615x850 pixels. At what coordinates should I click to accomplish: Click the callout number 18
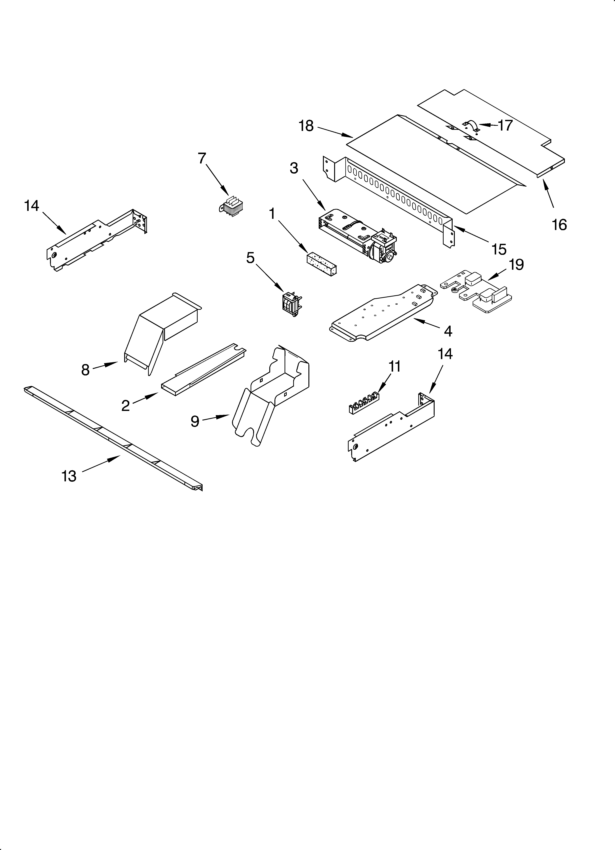point(306,126)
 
